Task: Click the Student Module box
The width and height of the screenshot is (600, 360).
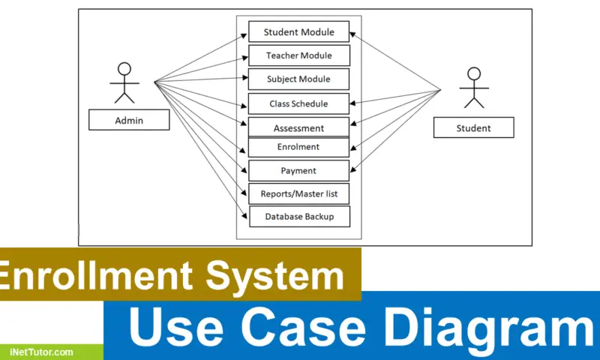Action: coord(298,32)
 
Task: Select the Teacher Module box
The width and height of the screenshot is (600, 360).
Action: coord(298,55)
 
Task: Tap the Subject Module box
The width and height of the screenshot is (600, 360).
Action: coord(298,79)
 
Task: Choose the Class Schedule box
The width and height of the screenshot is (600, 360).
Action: coord(298,103)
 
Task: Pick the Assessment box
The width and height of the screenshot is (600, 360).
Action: coord(298,127)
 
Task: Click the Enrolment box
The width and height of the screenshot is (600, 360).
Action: coord(298,147)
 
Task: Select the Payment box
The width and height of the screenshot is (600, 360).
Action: coord(298,170)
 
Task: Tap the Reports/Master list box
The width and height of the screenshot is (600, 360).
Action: coord(298,193)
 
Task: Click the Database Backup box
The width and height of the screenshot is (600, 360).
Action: coord(298,217)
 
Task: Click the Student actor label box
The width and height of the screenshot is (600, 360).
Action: coord(473,127)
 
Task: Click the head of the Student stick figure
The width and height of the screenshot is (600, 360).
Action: coord(473,74)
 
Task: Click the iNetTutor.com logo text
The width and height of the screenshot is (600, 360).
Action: coord(41,351)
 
